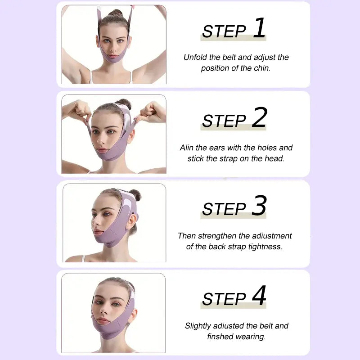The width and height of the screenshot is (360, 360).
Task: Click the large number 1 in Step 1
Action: pyautogui.click(x=260, y=28)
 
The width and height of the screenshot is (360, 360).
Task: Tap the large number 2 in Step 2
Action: pyautogui.click(x=260, y=117)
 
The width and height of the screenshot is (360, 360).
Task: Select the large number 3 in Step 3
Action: pyautogui.click(x=260, y=205)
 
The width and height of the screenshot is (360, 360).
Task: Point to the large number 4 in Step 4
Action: pyautogui.click(x=259, y=295)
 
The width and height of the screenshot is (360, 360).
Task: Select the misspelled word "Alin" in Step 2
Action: pyautogui.click(x=187, y=148)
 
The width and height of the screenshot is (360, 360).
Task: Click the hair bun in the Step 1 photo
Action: pyautogui.click(x=116, y=13)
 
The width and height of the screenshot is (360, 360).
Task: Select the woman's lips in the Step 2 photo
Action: pyautogui.click(x=102, y=150)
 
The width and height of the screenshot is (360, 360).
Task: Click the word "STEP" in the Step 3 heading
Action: pyautogui.click(x=224, y=209)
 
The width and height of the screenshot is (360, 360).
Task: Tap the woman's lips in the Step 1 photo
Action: pyautogui.click(x=113, y=56)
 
